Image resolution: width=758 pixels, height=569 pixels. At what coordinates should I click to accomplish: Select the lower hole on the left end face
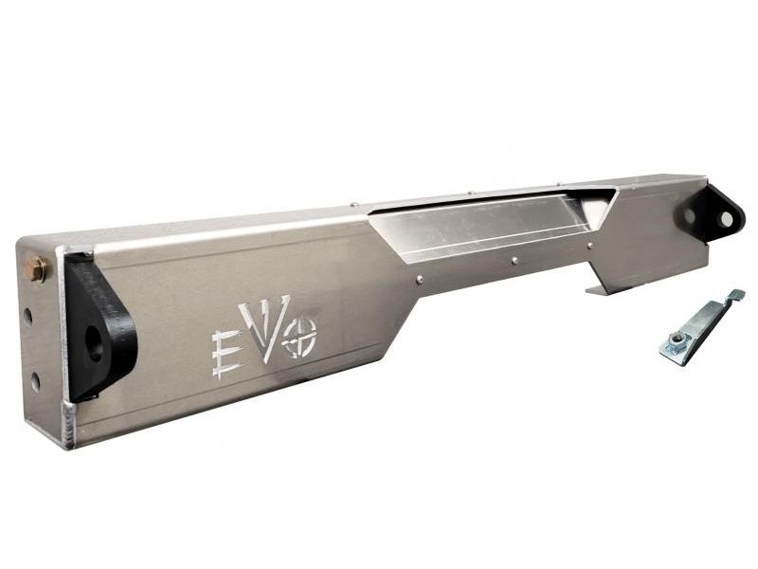[x=35, y=381]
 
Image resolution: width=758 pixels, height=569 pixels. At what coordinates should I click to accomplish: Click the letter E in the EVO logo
[x=226, y=354]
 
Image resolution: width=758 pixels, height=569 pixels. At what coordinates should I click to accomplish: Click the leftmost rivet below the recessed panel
[x=420, y=279]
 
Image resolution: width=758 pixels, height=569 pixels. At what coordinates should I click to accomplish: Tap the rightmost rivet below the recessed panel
[x=589, y=246]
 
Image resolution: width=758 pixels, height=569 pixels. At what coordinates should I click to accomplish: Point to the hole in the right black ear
[x=726, y=219]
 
